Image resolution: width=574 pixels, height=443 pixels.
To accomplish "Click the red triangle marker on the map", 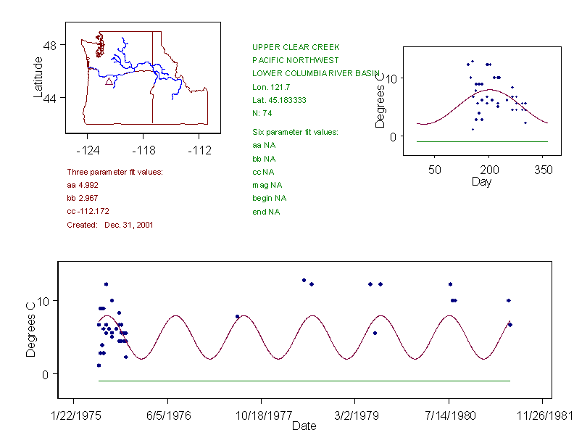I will [109, 82].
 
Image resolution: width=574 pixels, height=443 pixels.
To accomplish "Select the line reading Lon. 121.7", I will [269, 87].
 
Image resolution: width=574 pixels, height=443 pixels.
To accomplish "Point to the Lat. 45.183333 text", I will [279, 100].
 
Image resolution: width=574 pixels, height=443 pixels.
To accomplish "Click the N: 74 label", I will [262, 113].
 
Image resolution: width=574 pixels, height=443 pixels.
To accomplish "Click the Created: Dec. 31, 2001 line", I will [109, 225].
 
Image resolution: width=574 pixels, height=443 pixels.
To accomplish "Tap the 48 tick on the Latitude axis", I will [49, 45].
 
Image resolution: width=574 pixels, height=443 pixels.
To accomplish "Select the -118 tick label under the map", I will [143, 151].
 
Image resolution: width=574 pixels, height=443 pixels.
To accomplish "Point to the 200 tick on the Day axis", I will [489, 170].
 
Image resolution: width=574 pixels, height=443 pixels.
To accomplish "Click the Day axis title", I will [481, 181].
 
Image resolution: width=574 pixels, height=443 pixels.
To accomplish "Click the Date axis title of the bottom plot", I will [304, 426].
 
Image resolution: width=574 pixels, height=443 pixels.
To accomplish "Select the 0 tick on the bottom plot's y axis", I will [46, 374].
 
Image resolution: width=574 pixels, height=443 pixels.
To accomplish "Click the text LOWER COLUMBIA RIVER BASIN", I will [306, 73].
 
